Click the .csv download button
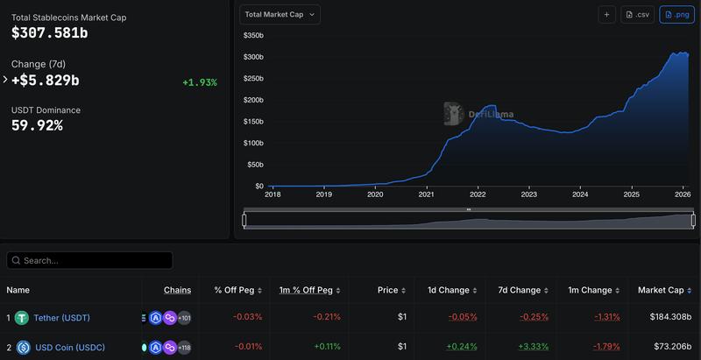[x=637, y=14]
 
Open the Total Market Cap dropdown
[x=280, y=14]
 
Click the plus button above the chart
[x=606, y=14]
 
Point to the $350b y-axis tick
[x=253, y=35]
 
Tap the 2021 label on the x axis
[x=427, y=194]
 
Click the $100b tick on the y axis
[x=253, y=143]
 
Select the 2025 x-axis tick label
[x=632, y=194]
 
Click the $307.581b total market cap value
[x=50, y=33]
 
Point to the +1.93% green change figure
[x=200, y=82]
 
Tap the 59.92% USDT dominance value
[x=37, y=125]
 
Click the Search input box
[x=89, y=260]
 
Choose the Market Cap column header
[x=664, y=290]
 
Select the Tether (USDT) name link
[x=61, y=318]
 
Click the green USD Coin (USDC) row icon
[x=22, y=348]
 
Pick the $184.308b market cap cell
[x=666, y=317]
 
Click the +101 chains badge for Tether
[x=184, y=318]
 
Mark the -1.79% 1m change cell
[x=606, y=347]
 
